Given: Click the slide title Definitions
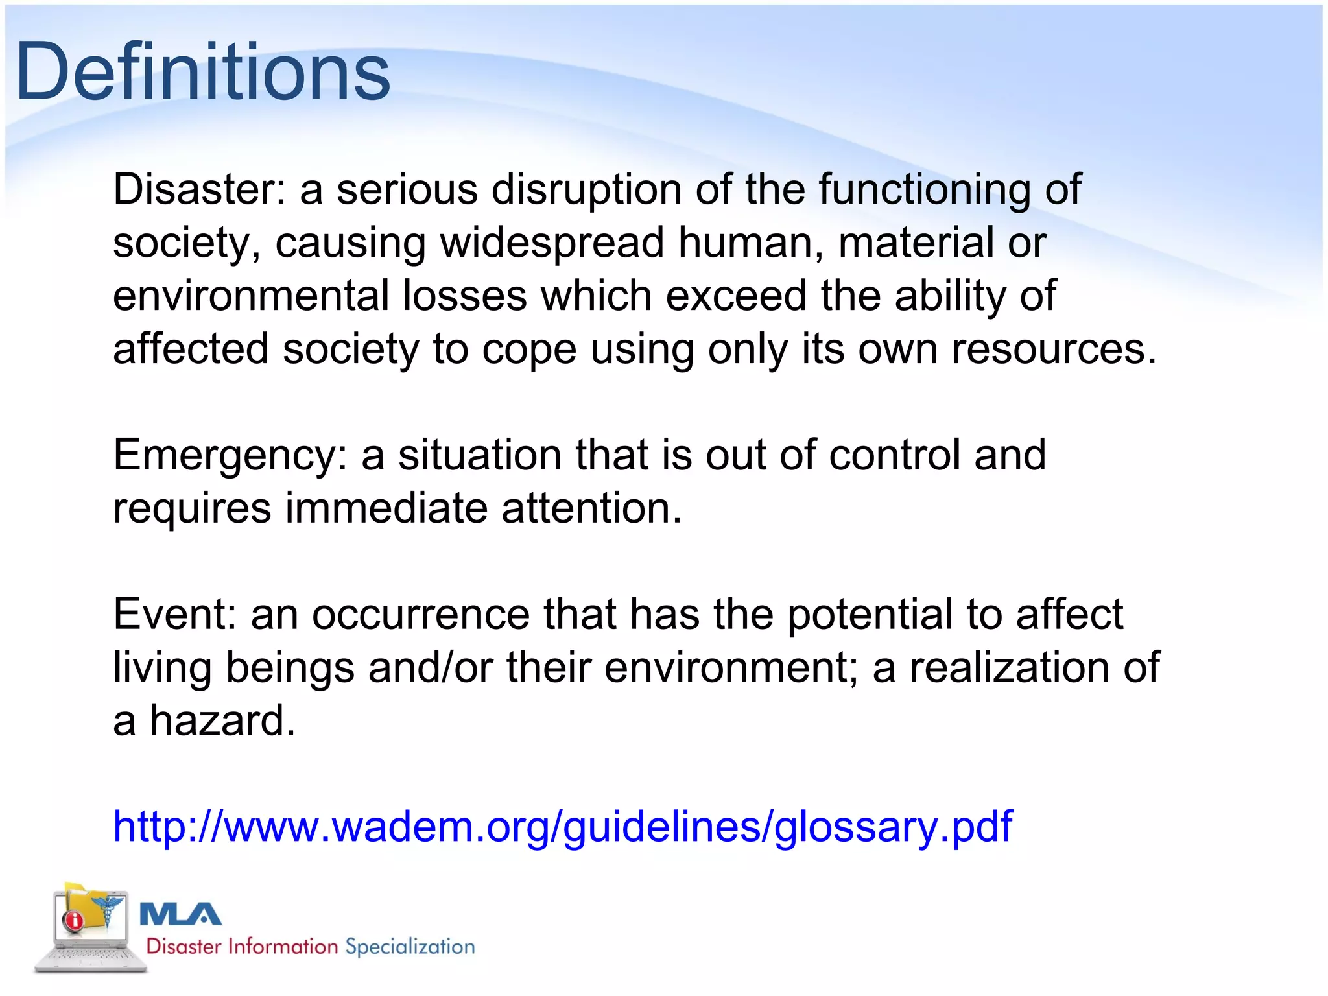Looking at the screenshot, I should click(x=202, y=71).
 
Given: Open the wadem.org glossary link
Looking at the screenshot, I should click(x=562, y=827).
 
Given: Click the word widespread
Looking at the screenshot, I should click(x=552, y=243).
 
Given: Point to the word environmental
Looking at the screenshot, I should click(x=250, y=296).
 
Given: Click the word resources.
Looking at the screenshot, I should click(x=1054, y=350).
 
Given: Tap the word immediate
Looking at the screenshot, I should click(x=386, y=508).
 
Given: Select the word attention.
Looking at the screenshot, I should click(x=591, y=508).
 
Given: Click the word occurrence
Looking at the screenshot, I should click(x=421, y=614).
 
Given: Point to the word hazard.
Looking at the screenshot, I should click(x=222, y=720).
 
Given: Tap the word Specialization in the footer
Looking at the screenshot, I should click(x=410, y=947).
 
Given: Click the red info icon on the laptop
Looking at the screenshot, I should click(x=73, y=919).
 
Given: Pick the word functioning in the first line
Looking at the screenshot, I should click(x=924, y=189).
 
